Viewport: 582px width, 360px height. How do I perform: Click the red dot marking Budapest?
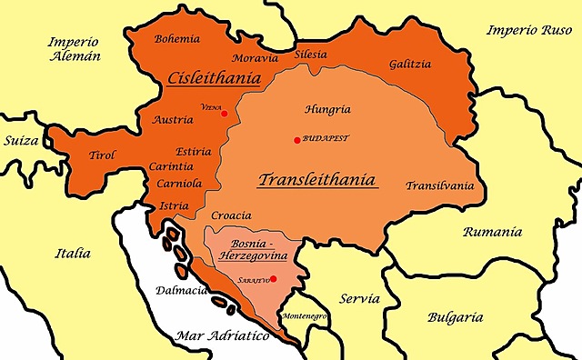[297, 139]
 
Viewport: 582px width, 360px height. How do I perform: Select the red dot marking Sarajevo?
[273, 279]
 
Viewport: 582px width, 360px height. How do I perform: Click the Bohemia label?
[177, 39]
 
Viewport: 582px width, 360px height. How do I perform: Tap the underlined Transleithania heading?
[317, 179]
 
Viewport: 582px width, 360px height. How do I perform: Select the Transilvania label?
[440, 185]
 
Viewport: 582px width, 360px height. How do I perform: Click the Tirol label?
[102, 155]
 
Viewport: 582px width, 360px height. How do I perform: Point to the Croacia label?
[230, 216]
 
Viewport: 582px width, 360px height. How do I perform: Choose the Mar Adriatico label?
[223, 335]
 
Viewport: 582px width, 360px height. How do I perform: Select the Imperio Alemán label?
[75, 47]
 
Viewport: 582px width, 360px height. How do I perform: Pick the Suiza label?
[22, 142]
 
